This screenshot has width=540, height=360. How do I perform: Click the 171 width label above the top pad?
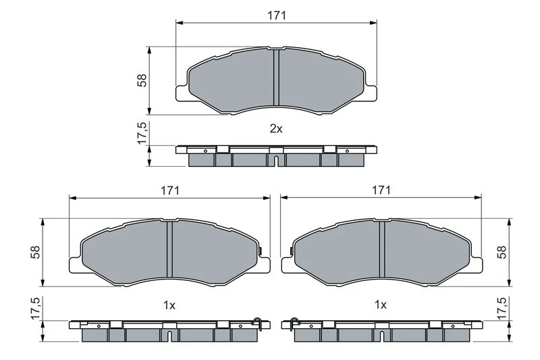(277, 15)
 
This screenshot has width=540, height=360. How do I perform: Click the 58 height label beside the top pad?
(142, 80)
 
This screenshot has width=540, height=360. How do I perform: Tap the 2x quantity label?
(276, 129)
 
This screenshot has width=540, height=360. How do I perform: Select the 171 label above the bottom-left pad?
(170, 190)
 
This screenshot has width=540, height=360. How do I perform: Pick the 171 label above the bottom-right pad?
(381, 190)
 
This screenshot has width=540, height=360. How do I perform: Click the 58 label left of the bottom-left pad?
(36, 252)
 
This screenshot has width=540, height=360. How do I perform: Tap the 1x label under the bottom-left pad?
(169, 305)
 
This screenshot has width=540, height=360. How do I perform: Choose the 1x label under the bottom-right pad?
(381, 305)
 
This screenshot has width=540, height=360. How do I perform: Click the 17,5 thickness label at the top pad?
(142, 133)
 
